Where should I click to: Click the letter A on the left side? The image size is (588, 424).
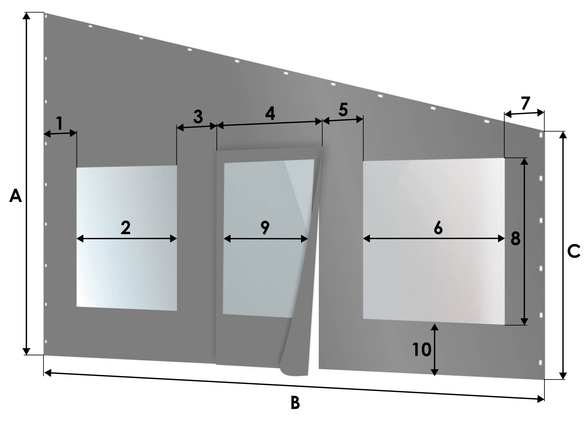(16, 196)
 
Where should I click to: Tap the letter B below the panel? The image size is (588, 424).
(295, 403)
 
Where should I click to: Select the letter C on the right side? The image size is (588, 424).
(573, 251)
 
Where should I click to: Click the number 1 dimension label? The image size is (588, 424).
(60, 123)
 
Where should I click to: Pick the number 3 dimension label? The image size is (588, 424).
(198, 116)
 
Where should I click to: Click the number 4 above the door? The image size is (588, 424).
(270, 113)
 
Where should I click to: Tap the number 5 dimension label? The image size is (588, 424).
(343, 109)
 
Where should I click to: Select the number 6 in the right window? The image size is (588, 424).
(438, 228)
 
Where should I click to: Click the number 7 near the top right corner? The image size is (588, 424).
(526, 103)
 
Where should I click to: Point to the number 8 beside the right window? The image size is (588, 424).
(515, 238)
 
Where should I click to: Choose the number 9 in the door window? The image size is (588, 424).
(265, 227)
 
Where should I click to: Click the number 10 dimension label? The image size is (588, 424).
(422, 349)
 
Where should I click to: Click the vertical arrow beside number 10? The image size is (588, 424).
(435, 350)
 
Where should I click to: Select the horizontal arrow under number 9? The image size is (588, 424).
(265, 239)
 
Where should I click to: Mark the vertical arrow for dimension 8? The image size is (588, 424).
(524, 241)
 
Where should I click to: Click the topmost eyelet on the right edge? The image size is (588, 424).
(541, 135)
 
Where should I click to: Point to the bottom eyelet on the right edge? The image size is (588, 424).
(540, 363)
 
